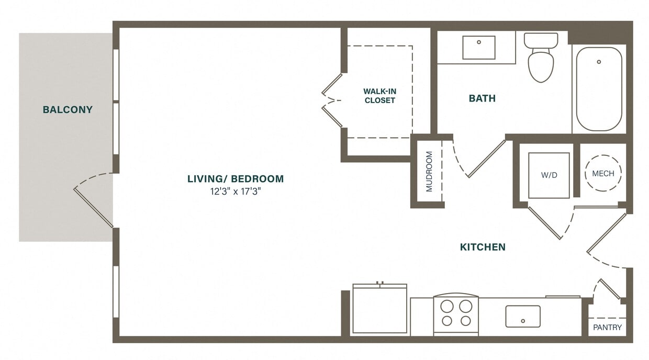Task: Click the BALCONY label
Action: pos(68,110)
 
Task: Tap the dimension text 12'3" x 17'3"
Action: pos(235,192)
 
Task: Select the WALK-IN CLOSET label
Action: pos(380,96)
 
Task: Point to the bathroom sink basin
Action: pos(478,48)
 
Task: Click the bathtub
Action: pos(599,89)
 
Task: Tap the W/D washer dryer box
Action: pos(549,175)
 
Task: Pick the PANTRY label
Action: pos(608,328)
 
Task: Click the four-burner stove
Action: pos(456,314)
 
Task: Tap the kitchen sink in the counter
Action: pos(522,316)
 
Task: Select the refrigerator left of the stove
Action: pos(380,310)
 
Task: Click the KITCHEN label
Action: pos(483,247)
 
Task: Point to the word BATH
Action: pos(482,98)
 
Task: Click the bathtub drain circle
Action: pos(599,62)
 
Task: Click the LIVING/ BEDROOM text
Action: pos(236,179)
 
